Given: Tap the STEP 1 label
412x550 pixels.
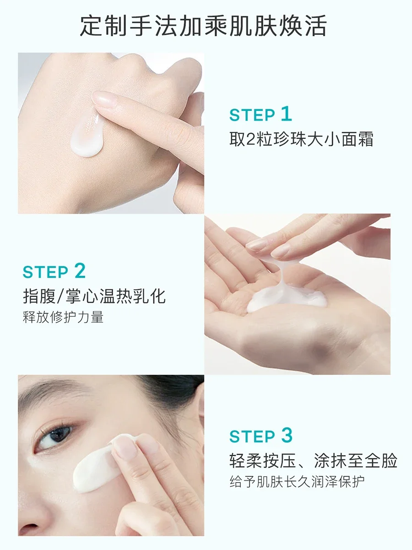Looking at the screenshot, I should point(260,115).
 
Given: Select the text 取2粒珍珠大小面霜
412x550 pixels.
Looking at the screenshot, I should point(301,139).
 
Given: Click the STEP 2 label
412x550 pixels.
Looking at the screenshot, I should point(54,271).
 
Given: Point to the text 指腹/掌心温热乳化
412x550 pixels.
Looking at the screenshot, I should point(94,296).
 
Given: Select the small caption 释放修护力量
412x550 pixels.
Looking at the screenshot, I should point(63,317).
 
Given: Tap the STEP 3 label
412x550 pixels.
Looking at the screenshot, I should point(260,436).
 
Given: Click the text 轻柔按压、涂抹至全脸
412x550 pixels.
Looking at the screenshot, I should point(313,461).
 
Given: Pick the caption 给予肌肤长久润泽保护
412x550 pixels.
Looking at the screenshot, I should point(297,482).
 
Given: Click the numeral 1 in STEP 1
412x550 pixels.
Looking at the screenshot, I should point(286,114).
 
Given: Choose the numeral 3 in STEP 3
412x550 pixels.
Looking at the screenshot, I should point(286,435).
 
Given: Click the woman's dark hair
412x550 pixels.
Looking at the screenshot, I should point(179,394).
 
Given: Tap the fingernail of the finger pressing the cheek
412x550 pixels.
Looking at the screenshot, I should point(125,446).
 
